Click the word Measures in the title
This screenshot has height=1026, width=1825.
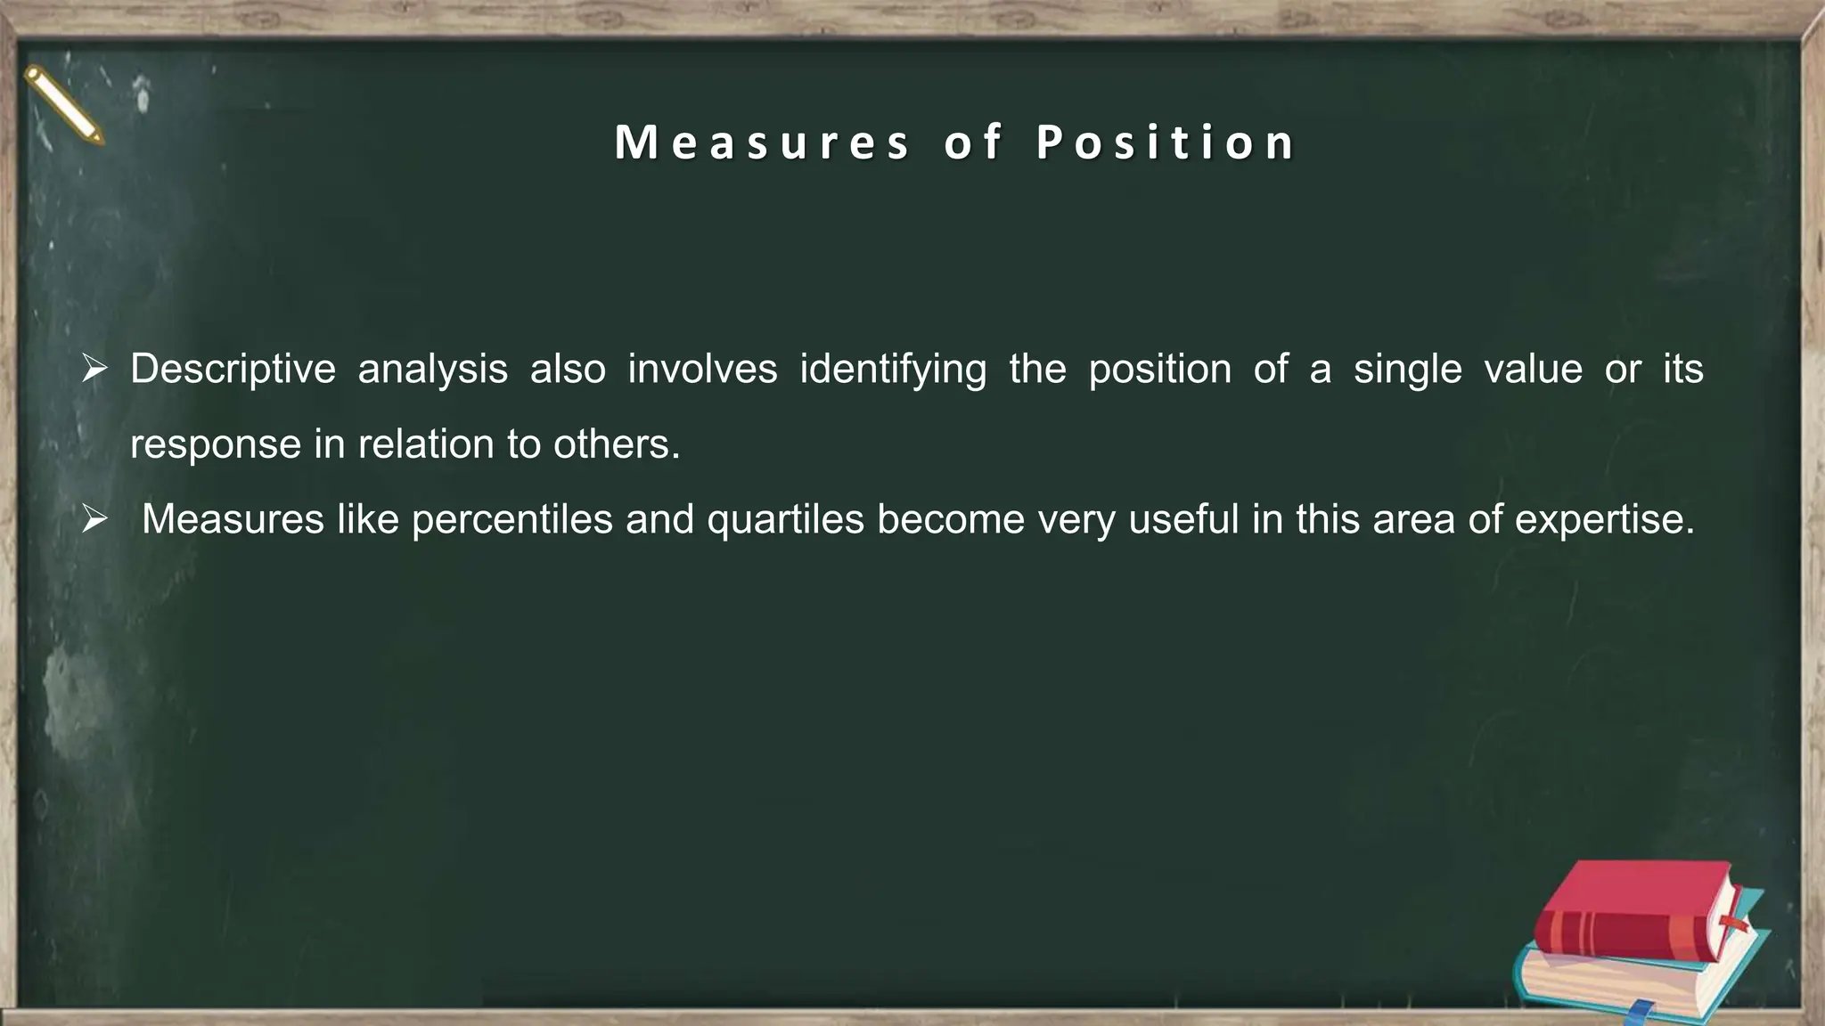(x=763, y=142)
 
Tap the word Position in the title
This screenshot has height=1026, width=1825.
(x=1166, y=142)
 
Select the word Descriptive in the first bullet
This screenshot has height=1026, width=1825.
(x=233, y=369)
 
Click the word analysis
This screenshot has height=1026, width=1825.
(x=433, y=369)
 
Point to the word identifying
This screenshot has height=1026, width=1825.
(x=893, y=369)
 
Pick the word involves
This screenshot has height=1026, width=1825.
(x=702, y=369)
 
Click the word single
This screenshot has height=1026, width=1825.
(x=1408, y=369)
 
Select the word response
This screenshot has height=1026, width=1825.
(x=216, y=444)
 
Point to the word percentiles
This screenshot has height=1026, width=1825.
(x=512, y=519)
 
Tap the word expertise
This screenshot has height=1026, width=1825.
(x=1604, y=519)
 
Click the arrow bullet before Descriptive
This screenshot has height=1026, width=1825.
(x=94, y=369)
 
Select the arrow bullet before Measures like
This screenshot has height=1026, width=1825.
(x=94, y=519)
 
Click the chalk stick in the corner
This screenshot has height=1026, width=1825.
(x=64, y=105)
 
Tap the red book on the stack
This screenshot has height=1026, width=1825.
(x=1635, y=913)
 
